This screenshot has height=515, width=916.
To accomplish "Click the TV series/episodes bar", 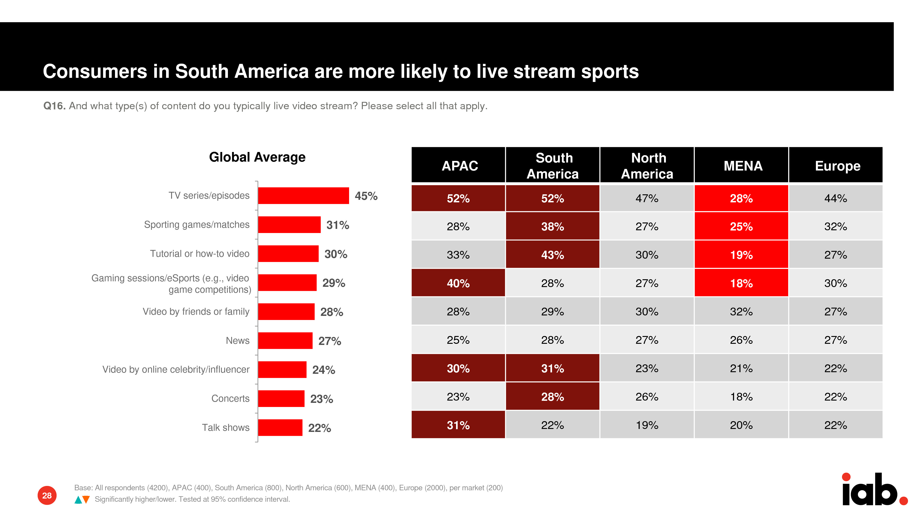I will tap(303, 196).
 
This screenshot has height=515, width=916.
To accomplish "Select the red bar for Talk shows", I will tap(280, 428).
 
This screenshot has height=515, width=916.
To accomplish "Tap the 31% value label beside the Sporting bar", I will tap(337, 225).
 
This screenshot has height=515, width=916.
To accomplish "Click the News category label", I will tap(238, 341).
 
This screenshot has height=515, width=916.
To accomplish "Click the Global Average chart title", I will tap(257, 157).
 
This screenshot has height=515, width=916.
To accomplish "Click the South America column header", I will tap(553, 166).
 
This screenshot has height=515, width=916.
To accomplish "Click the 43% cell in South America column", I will tap(552, 255).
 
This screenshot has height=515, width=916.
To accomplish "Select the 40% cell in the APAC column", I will tap(458, 283).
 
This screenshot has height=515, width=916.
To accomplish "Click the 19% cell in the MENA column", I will tap(741, 255).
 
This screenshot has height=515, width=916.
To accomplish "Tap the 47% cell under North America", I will tap(647, 198).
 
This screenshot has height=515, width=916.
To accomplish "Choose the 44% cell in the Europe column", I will tap(836, 198).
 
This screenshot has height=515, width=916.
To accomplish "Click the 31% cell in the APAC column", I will tap(458, 425).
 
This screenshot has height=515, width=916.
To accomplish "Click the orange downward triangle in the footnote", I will tap(86, 500).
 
